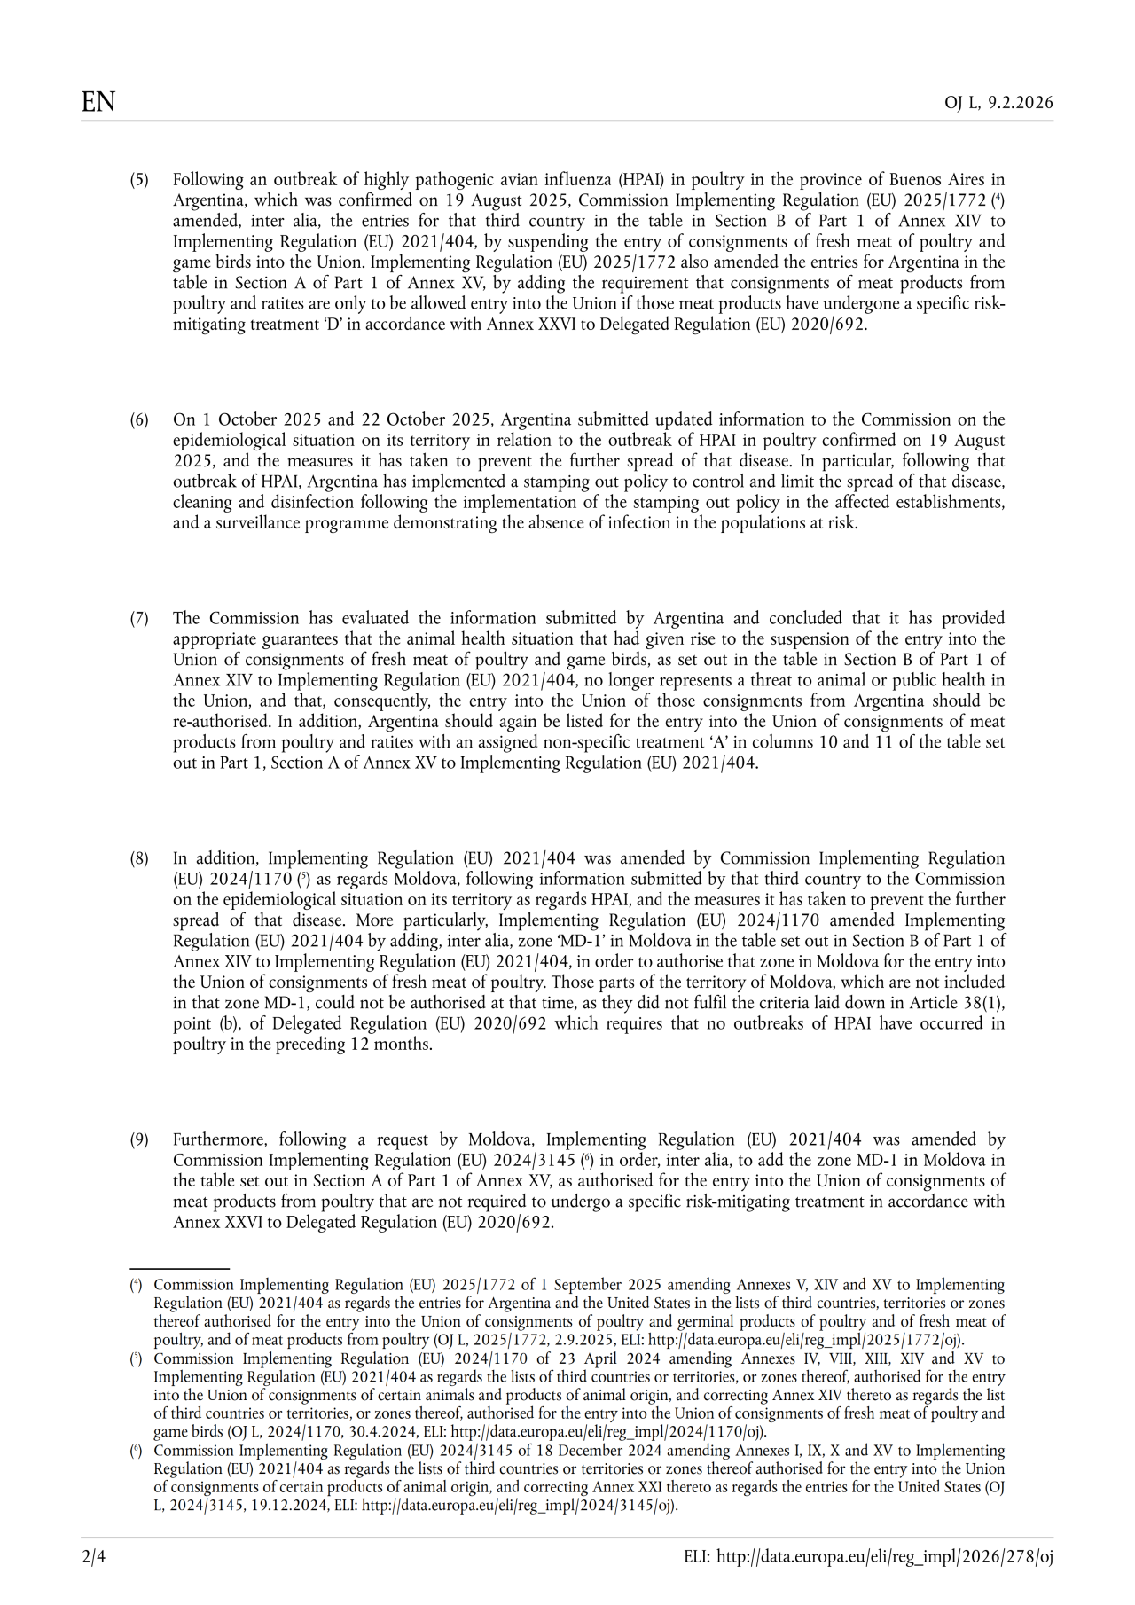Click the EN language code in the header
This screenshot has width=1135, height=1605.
pos(98,102)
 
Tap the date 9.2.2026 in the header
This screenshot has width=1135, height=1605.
pos(1021,103)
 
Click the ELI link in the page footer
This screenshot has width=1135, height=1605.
pos(868,1556)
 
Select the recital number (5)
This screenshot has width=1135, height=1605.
pos(139,180)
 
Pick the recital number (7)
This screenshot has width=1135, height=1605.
pos(139,618)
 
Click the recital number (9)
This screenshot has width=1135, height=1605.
pos(139,1139)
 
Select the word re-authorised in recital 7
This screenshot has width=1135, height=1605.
pos(222,721)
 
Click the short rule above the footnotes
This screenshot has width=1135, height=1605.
pos(180,1270)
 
